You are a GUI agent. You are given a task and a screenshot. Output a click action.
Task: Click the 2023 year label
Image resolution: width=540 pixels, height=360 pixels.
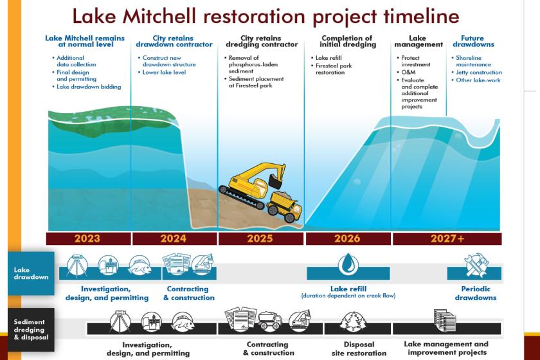[87, 239]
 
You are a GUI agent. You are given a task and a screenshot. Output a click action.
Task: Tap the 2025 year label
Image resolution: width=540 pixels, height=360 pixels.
[260, 239]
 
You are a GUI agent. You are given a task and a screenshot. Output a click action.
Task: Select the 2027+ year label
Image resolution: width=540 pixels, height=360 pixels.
[447, 239]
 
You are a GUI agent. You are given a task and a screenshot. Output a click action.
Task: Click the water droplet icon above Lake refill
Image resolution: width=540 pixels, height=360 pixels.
[348, 265]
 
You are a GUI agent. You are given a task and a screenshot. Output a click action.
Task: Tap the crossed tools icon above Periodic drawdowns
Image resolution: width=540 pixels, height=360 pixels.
[476, 265]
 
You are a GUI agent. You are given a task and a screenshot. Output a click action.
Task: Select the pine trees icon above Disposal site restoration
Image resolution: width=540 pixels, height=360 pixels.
[353, 322]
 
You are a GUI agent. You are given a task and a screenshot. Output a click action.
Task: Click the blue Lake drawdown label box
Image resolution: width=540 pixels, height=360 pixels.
[31, 273]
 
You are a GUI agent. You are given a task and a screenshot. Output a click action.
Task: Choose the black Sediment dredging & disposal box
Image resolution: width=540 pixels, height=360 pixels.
[31, 329]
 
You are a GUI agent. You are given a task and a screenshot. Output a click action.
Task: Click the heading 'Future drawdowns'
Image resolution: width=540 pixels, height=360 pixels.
[473, 41]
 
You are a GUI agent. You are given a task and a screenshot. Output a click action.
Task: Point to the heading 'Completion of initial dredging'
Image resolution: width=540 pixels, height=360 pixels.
[348, 41]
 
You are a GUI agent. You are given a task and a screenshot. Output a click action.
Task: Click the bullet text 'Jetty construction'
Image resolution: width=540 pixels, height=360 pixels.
[479, 73]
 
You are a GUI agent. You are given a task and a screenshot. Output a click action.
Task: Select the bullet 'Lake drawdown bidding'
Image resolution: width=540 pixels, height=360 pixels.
[89, 87]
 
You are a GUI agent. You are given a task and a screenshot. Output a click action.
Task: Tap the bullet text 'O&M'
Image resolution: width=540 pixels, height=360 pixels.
[408, 73]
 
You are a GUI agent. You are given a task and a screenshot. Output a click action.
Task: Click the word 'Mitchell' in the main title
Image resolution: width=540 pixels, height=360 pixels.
[159, 16]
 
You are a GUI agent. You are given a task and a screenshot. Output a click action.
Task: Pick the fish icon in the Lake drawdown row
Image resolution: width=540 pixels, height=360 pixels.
[139, 265]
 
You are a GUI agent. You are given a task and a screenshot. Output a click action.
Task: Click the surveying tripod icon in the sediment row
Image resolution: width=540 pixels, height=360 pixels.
[120, 322]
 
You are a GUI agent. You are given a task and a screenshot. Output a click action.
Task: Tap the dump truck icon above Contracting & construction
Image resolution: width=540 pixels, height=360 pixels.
[270, 320]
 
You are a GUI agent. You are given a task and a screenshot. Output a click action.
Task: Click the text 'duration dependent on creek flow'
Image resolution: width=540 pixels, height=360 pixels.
[348, 296]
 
